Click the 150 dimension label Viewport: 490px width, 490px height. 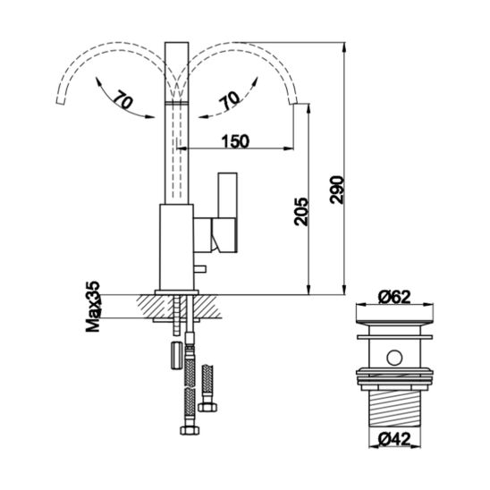(x=235, y=141)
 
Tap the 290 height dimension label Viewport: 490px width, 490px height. (x=337, y=190)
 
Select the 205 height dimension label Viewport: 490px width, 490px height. (x=301, y=211)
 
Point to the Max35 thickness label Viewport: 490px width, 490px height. (x=93, y=307)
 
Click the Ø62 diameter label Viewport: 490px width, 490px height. (x=394, y=297)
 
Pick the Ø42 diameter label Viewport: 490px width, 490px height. (x=393, y=439)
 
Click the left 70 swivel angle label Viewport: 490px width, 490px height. (x=122, y=99)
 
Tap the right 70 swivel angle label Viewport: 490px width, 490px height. (x=230, y=100)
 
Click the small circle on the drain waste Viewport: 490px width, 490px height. (x=394, y=358)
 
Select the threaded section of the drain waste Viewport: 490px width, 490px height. (x=394, y=409)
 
